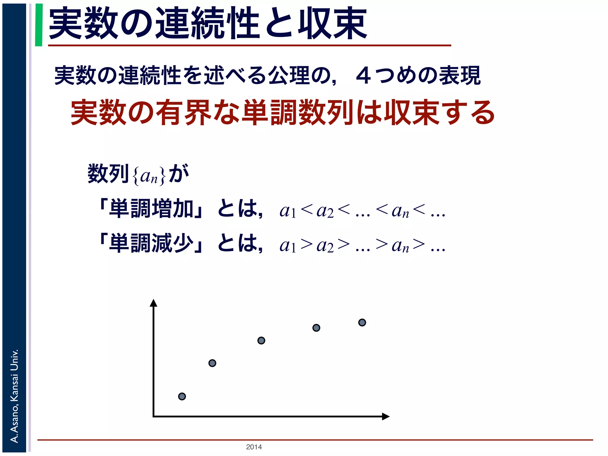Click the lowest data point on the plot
coord(182,396)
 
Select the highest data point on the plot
coord(362,322)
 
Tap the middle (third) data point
coord(261,341)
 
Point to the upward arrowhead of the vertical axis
coord(153,303)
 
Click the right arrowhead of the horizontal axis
coord(386,417)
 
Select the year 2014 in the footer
coord(254,447)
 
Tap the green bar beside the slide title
coord(39,25)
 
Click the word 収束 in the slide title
coord(332,24)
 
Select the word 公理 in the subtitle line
coord(289,76)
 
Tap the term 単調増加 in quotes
coord(151,209)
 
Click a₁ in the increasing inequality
coord(288,211)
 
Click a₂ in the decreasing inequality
coord(325,246)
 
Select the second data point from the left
coord(212,363)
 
